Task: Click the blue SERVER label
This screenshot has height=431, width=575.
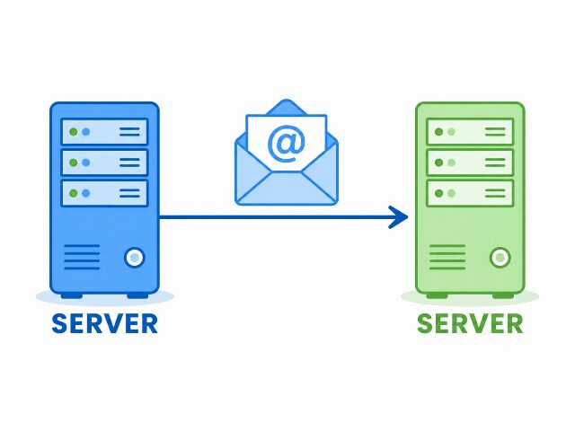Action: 104,323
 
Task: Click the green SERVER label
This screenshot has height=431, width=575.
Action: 470,323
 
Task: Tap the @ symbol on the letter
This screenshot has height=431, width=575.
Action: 286,144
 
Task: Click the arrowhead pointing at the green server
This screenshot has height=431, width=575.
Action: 399,217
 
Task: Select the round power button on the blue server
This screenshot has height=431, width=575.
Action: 135,258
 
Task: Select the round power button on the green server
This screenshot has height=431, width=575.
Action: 500,258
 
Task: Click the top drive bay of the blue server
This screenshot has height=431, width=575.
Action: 104,132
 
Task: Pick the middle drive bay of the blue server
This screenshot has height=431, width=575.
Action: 104,163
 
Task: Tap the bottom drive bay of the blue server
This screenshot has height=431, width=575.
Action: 104,193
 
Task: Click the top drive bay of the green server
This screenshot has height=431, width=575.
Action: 470,132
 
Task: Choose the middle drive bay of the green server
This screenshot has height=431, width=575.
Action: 470,163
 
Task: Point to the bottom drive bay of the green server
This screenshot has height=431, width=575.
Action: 470,193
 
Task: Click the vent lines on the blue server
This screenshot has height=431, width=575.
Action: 82,257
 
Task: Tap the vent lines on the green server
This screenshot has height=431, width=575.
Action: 447,257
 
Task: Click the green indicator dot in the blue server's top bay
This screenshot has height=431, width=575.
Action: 74,132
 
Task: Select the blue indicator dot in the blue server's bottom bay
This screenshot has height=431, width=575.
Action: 86,193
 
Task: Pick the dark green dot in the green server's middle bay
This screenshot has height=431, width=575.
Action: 438,163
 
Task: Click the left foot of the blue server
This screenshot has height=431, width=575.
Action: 72,295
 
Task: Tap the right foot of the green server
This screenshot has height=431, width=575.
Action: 503,295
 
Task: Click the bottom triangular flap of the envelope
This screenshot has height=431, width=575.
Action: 287,189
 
